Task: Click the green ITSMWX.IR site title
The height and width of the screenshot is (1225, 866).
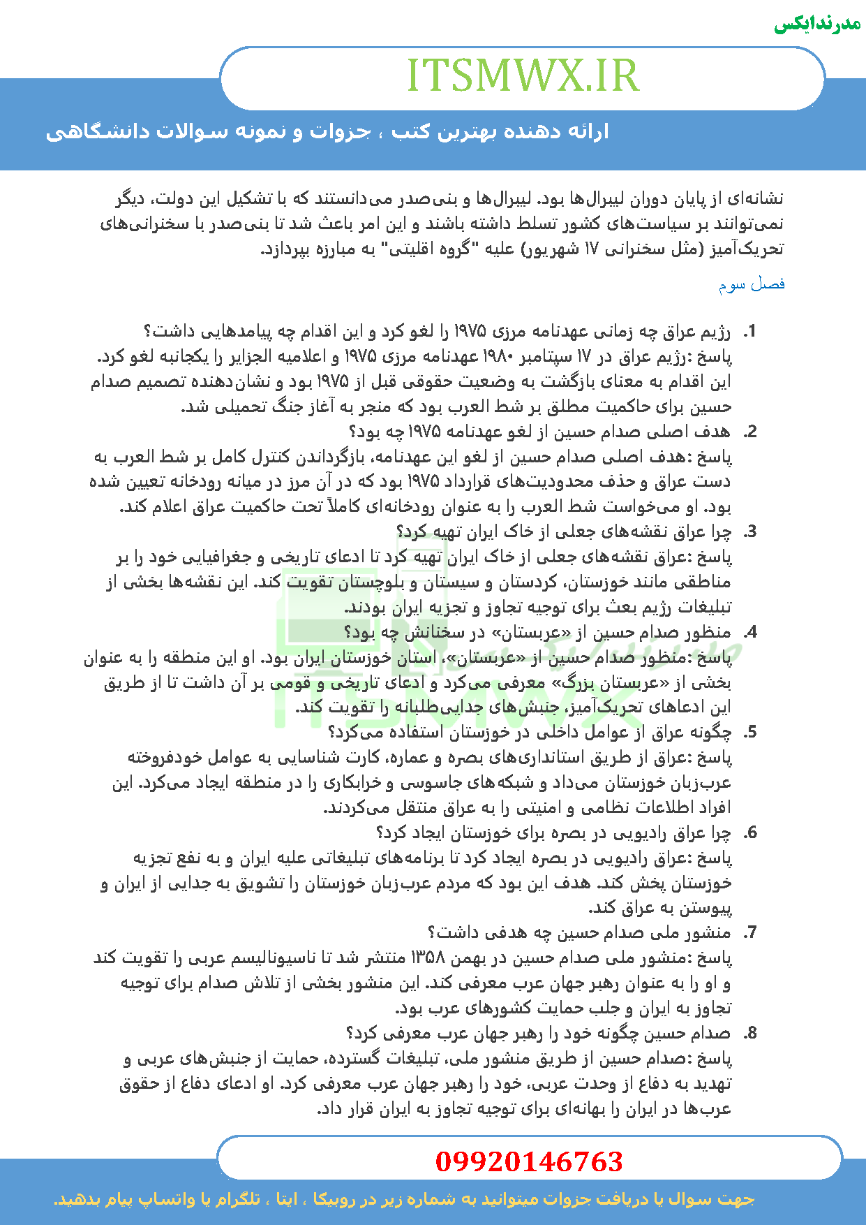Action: (523, 75)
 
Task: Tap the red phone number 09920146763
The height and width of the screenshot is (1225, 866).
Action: (529, 1161)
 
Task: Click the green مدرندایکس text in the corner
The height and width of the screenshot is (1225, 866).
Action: (817, 24)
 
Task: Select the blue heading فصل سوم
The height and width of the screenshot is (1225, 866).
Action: (752, 284)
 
